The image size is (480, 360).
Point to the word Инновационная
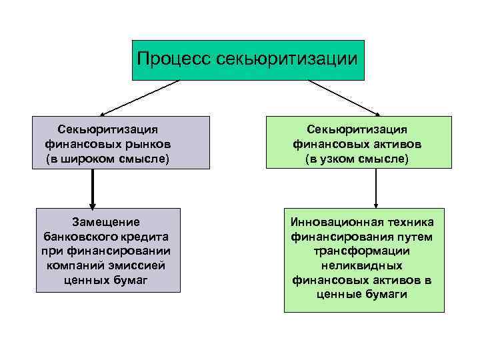(x=335, y=222)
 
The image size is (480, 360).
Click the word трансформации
(x=363, y=251)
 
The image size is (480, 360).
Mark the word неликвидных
(x=363, y=265)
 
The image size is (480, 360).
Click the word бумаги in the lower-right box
(x=385, y=294)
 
